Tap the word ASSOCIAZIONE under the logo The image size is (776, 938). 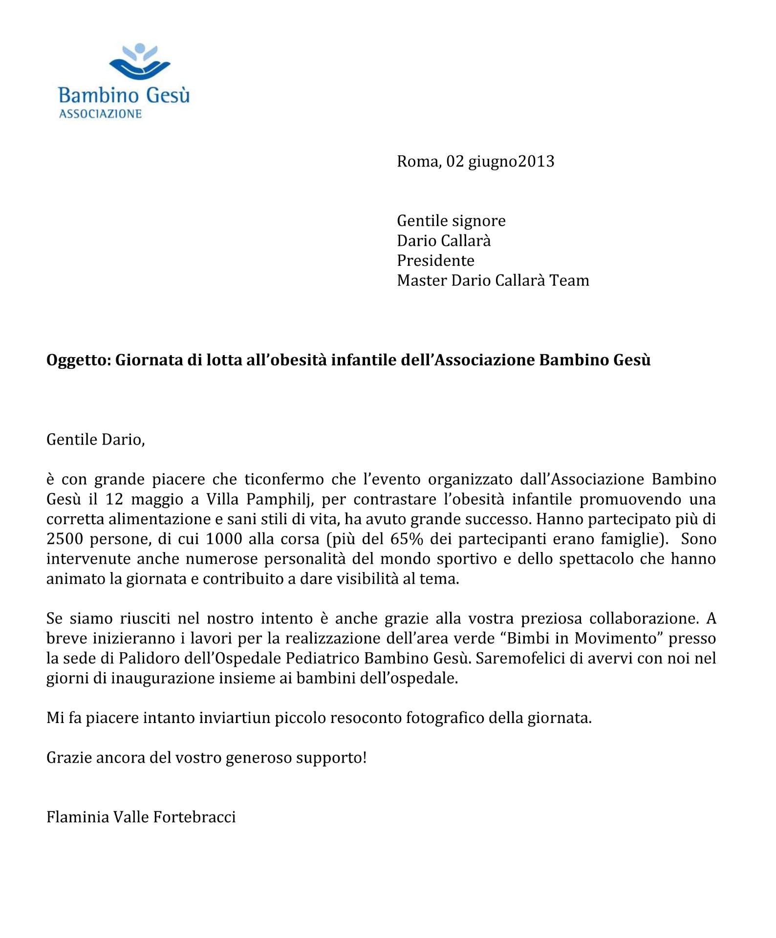tap(100, 114)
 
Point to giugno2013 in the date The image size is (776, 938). tap(511, 162)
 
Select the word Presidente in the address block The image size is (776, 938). tap(435, 260)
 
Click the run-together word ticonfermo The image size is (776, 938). tap(284, 479)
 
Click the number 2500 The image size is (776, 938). tap(65, 539)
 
